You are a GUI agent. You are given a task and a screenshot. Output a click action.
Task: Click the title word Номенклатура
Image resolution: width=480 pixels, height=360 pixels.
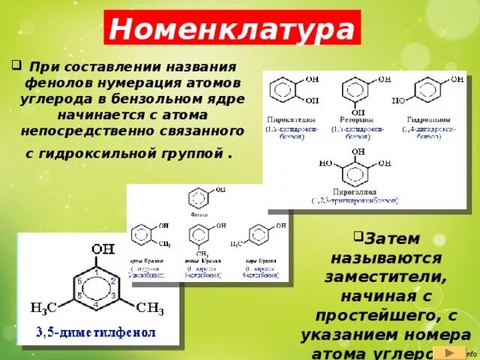click(x=232, y=31)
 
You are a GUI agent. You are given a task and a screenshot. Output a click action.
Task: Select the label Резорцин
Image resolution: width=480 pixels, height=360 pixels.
click(x=350, y=119)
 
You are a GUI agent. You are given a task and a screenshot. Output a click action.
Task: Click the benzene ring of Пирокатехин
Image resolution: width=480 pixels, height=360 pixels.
click(x=283, y=91)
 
